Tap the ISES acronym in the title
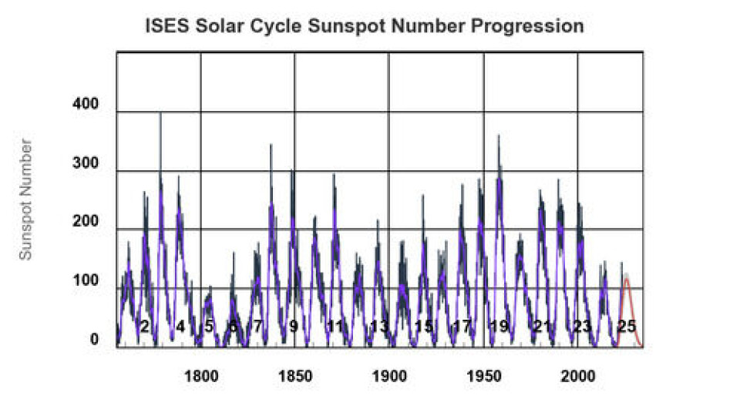point(166,26)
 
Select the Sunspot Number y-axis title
point(26,199)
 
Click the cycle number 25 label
point(627,327)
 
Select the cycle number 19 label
point(499,327)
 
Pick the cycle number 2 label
point(144,327)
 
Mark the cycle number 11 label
point(335,327)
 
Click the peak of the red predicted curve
point(627,279)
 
